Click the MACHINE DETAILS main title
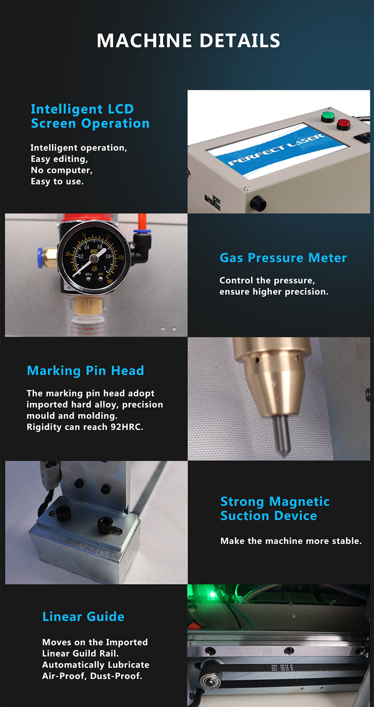(x=188, y=41)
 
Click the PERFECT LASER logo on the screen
(x=276, y=149)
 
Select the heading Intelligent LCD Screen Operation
(x=90, y=116)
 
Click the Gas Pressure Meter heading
(x=283, y=257)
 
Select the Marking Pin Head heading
(x=85, y=371)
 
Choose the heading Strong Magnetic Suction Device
(x=274, y=508)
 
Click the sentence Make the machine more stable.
(x=291, y=541)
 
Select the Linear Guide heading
(x=83, y=616)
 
